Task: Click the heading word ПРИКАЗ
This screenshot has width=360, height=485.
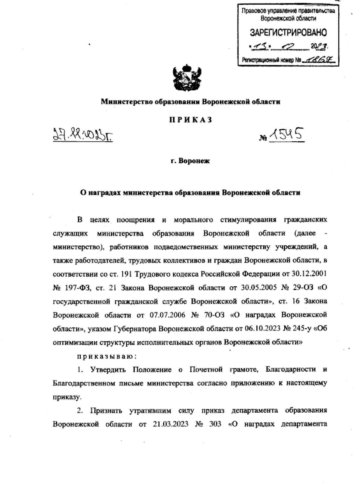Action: point(190,120)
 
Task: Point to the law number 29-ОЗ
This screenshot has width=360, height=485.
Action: point(301,288)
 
